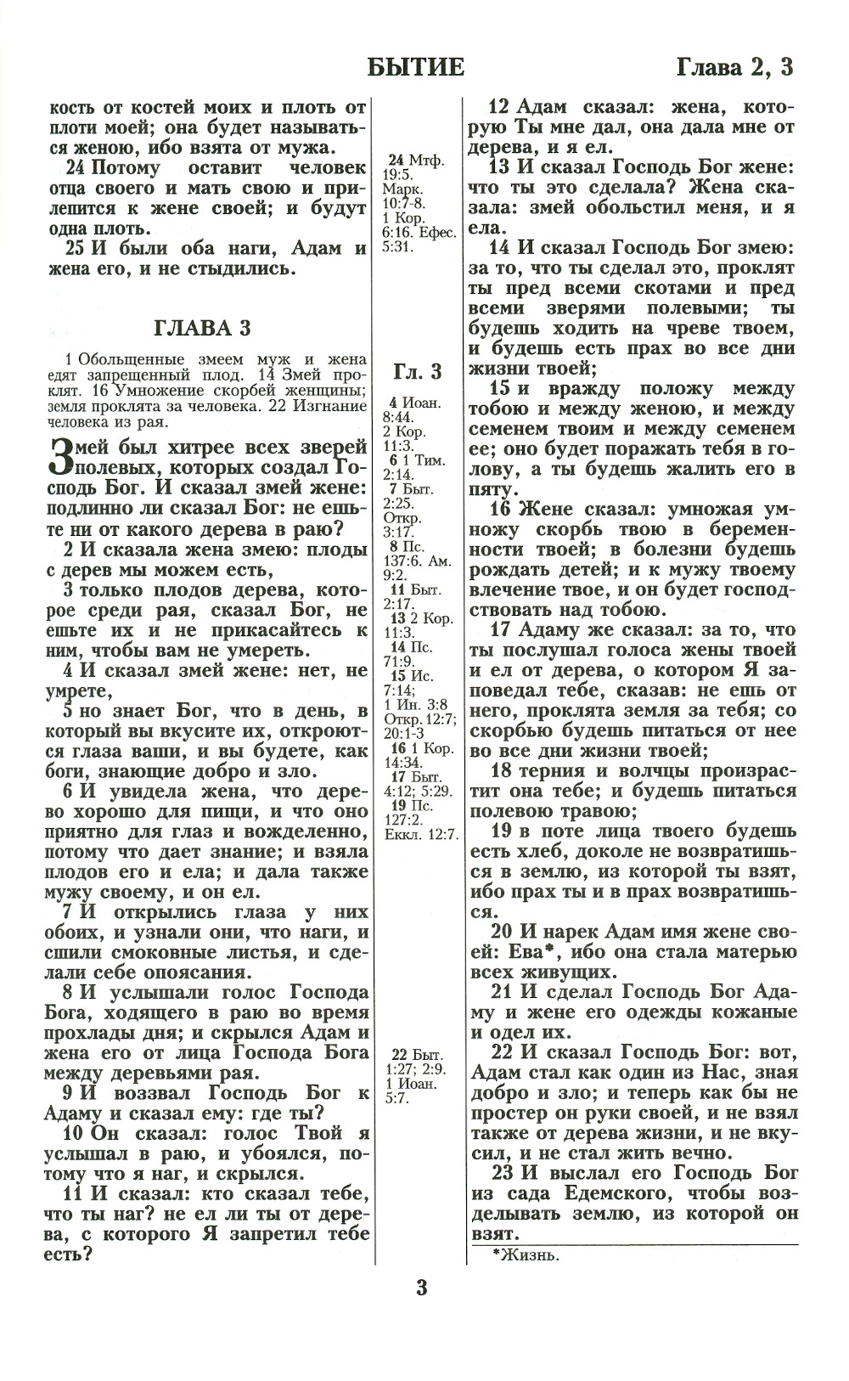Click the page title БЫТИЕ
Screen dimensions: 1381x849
pos(416,67)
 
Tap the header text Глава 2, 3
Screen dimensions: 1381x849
pos(734,67)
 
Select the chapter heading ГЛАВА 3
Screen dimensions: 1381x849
pos(203,329)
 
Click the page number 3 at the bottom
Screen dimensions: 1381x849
pos(421,1288)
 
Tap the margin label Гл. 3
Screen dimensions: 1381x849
pos(418,371)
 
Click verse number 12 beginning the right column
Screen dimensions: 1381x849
pos(500,108)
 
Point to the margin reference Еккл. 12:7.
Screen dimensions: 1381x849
pos(420,835)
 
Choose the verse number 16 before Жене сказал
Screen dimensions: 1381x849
pos(501,510)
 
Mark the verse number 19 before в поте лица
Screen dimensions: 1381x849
pos(501,831)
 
